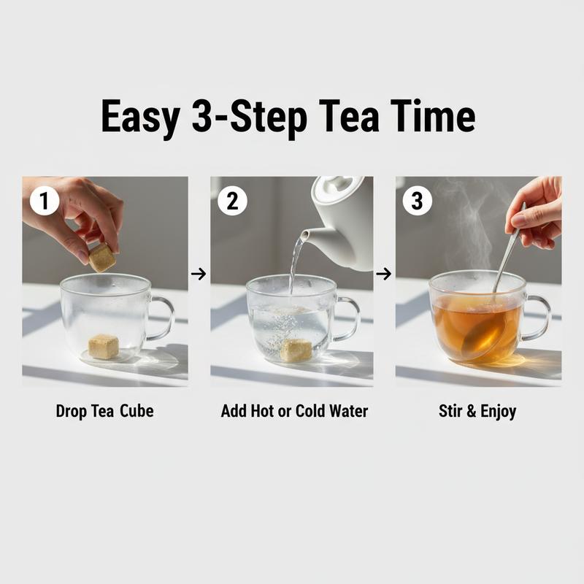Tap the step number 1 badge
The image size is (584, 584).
click(45, 200)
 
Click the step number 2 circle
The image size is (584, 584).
click(232, 200)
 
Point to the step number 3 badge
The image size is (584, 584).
click(417, 200)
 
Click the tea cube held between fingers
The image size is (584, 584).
click(102, 257)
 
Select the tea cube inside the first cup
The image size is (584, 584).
click(103, 346)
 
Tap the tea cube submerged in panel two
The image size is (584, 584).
click(296, 350)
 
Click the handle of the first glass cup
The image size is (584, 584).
click(163, 318)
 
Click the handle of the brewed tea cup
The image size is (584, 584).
click(538, 318)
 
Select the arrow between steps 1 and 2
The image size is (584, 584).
click(198, 274)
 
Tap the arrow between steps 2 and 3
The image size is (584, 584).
click(383, 274)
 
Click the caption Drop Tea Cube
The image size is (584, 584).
click(104, 411)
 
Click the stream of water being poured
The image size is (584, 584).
click(294, 266)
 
